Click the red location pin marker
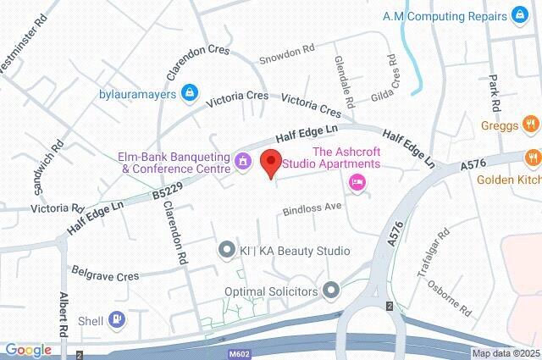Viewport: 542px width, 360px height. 271,162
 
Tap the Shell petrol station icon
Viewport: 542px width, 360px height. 117,319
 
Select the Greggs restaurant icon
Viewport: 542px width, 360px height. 531,125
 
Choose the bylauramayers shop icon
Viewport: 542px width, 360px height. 191,92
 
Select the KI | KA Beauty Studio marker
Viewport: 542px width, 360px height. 226,250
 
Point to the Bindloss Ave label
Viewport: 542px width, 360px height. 311,208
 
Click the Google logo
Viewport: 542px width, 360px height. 28,350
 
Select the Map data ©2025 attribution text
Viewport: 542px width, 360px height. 505,353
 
